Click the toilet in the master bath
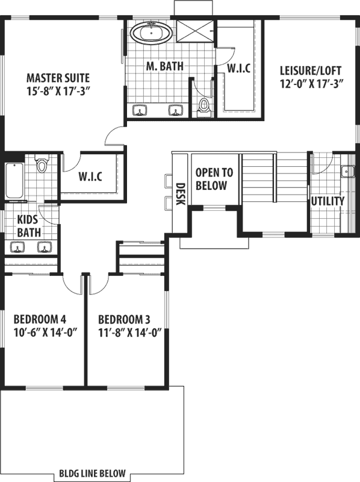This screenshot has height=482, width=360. pyautogui.click(x=204, y=105)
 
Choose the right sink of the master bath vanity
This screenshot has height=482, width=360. pyautogui.click(x=176, y=110)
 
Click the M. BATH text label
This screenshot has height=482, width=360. pyautogui.click(x=164, y=66)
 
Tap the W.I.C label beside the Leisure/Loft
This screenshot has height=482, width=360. pyautogui.click(x=238, y=68)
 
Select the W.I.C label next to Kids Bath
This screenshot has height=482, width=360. pyautogui.click(x=91, y=177)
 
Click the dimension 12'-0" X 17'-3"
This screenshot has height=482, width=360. pyautogui.click(x=311, y=84)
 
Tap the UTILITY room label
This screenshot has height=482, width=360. pyautogui.click(x=328, y=201)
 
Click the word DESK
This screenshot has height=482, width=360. pyautogui.click(x=179, y=194)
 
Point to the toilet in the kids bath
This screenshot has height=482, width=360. pyautogui.click(x=42, y=164)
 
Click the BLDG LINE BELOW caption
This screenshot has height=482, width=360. pyautogui.click(x=93, y=473)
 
